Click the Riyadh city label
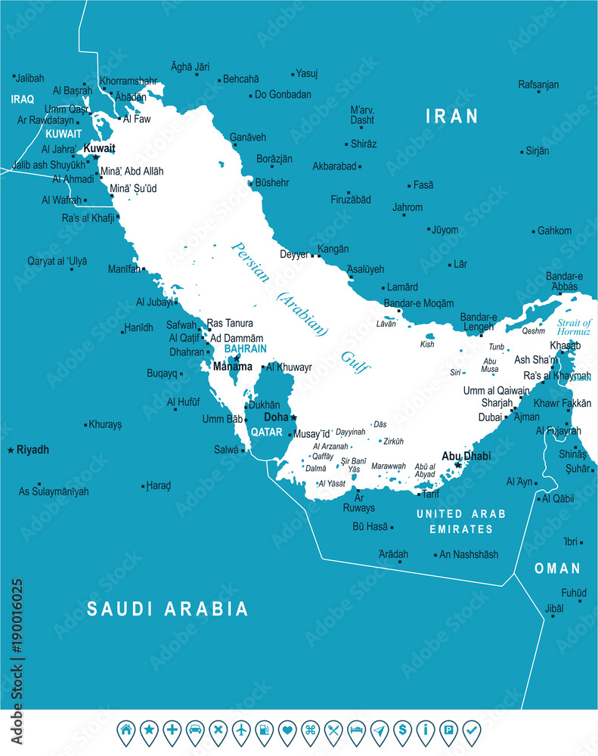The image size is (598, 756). [x=33, y=450]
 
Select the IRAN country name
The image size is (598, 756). [x=452, y=116]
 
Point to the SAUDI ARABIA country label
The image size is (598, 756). [x=167, y=609]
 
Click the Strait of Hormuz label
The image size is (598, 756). [x=574, y=327]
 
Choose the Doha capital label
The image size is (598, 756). [x=275, y=417]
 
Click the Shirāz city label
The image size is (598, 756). [x=363, y=144]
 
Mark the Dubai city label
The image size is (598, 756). [x=490, y=417]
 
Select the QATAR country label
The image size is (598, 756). [x=266, y=432]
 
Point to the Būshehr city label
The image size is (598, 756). [x=272, y=183]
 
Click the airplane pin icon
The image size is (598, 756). [x=241, y=730]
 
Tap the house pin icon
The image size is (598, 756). [x=126, y=730]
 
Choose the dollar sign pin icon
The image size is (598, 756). [x=402, y=730]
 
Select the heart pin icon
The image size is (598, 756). [x=287, y=730]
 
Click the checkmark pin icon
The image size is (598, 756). [x=471, y=730]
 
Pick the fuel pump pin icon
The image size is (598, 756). [x=264, y=730]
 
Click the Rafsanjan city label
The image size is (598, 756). [x=538, y=85]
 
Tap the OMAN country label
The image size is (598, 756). [x=557, y=569]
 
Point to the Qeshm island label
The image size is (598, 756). [x=533, y=330]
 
